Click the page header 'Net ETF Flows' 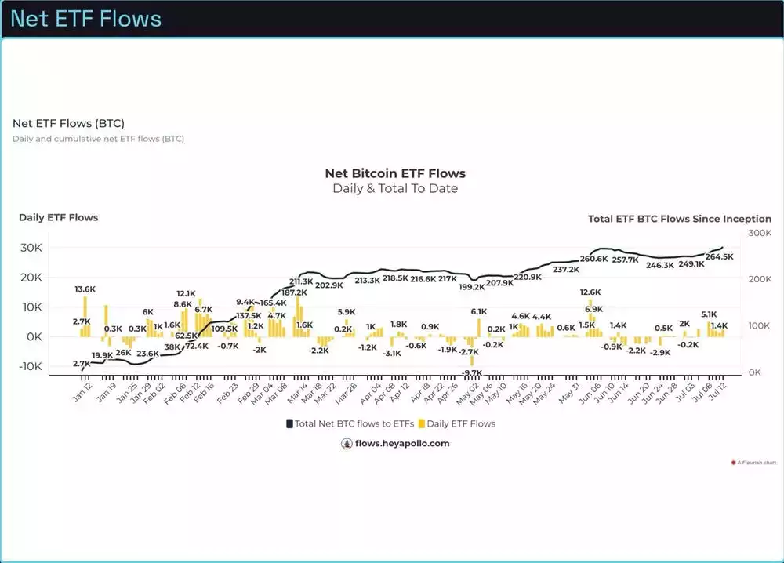(85, 19)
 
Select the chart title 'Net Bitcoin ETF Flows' (395, 173)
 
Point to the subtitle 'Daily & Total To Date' (395, 188)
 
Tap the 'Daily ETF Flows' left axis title (59, 217)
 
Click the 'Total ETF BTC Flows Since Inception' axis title (679, 219)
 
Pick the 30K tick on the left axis (31, 248)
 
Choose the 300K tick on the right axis (760, 233)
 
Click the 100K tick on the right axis (760, 325)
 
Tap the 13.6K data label (85, 289)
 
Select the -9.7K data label (471, 372)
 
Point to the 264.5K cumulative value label (719, 257)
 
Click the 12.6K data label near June (590, 292)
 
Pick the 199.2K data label (472, 287)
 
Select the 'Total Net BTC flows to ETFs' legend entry (350, 423)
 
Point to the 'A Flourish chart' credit (756, 463)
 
